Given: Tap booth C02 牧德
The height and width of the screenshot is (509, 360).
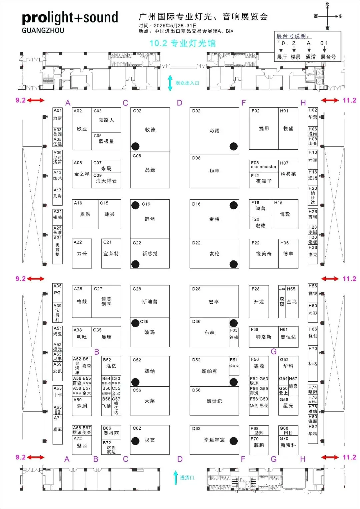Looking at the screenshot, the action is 150,130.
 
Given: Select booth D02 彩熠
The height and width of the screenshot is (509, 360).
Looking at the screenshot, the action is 214,131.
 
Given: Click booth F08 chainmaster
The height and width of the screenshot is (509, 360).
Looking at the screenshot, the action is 264,166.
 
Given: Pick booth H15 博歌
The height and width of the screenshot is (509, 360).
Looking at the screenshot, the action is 285,214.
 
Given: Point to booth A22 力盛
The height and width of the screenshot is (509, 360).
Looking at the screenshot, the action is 82,253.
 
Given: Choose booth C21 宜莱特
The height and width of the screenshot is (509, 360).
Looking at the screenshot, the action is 111,253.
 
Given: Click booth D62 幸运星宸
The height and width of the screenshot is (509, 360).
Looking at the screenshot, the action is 214,440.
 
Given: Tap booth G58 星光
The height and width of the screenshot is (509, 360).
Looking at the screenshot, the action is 288,406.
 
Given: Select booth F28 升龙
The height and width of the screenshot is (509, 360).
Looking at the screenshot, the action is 259,301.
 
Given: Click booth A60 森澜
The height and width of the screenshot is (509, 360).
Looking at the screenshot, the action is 82,406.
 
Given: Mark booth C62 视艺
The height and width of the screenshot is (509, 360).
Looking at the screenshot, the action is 150,440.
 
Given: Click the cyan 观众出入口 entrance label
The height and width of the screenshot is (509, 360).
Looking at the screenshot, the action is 187,83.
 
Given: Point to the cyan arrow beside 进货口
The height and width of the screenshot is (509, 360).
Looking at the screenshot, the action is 176,477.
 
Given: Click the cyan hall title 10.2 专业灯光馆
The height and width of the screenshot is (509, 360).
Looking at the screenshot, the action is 182,43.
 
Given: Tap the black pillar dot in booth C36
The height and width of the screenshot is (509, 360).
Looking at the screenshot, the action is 135,323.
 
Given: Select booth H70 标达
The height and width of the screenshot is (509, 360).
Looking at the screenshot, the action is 313,363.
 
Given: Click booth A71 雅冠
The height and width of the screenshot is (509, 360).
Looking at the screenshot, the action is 58,429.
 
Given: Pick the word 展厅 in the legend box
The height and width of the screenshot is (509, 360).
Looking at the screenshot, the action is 282,57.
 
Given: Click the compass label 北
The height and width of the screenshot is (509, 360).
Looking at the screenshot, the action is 327,4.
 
